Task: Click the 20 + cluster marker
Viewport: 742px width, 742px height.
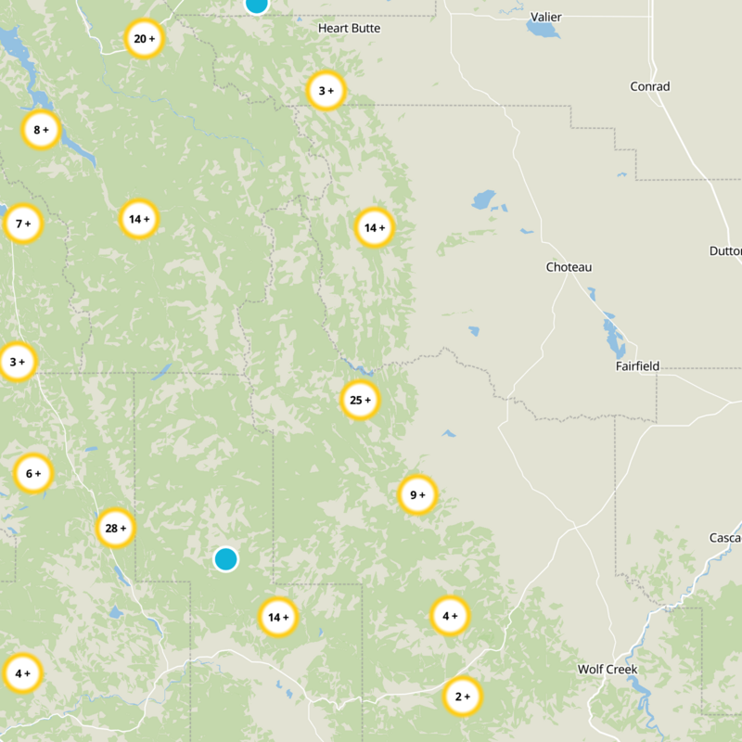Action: [144, 39]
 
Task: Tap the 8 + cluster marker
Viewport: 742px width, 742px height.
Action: [41, 130]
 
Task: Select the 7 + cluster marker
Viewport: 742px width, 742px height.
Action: [24, 224]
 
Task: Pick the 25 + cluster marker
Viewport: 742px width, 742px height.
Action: [360, 401]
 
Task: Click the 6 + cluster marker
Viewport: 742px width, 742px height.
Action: [33, 474]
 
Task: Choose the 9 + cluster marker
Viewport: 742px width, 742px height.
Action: [417, 495]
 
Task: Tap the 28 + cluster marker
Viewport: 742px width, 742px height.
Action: [116, 529]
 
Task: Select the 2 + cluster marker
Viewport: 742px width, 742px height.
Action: [462, 696]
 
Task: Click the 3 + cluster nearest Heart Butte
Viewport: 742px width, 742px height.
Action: [326, 91]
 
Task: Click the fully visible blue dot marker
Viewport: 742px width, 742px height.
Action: [225, 559]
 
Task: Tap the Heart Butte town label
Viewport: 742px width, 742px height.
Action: [349, 29]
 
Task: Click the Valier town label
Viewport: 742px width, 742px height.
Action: [545, 17]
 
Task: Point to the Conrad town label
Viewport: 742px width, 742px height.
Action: [649, 86]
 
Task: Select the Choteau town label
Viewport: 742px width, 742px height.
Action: [568, 267]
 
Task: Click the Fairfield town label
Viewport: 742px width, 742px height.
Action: [637, 366]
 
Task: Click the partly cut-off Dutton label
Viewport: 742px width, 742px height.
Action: [725, 251]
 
